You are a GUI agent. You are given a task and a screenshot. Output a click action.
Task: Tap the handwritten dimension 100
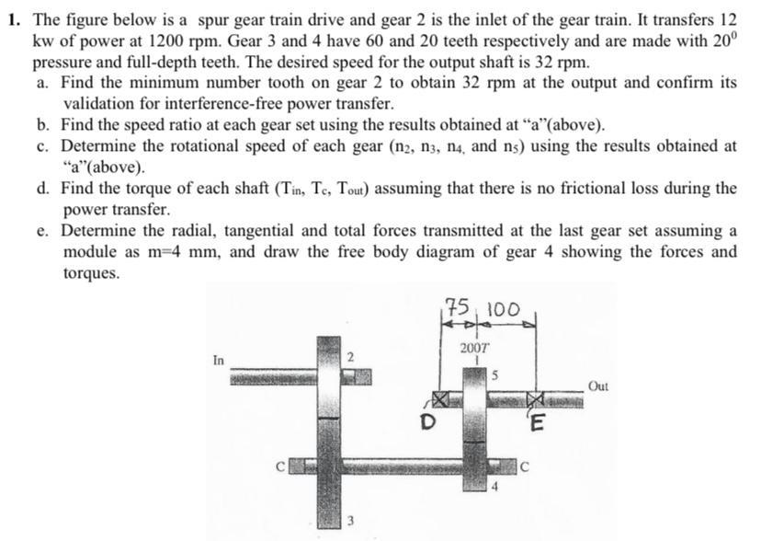(502, 308)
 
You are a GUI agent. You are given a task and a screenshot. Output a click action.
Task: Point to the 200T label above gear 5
(475, 349)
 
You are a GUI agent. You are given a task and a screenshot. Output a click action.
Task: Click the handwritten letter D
(426, 423)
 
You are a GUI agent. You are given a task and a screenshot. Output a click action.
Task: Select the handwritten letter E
(539, 424)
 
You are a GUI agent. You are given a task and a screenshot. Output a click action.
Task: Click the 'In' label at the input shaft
(218, 360)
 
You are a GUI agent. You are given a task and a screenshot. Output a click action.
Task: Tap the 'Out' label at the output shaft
(598, 386)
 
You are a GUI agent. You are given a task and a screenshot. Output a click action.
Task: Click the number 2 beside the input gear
(350, 355)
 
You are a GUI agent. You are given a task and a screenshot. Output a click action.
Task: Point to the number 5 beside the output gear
(494, 374)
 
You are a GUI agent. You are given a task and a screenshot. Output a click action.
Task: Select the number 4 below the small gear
(493, 487)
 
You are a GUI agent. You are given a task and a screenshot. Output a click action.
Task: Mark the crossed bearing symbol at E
(536, 398)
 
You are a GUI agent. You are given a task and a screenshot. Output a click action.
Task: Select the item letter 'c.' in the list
(44, 146)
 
